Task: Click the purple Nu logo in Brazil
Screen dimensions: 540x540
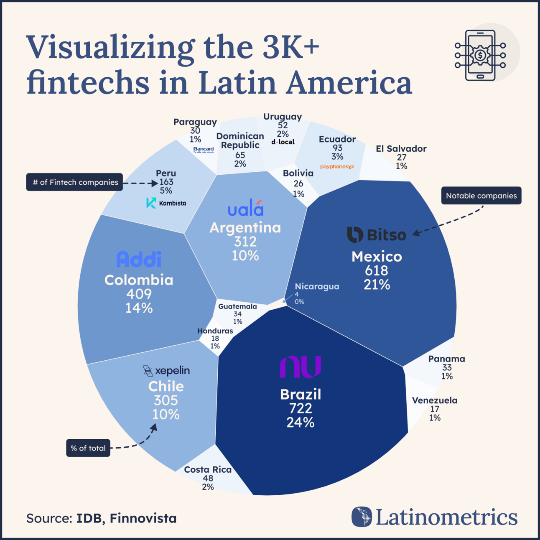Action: click(300, 367)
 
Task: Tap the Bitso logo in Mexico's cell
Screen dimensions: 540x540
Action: click(376, 234)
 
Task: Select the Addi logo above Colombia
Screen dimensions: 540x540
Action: click(139, 260)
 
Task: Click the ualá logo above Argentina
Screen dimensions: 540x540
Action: click(245, 209)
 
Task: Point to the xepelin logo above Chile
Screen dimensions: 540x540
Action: click(166, 371)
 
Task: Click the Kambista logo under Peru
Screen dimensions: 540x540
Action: click(166, 203)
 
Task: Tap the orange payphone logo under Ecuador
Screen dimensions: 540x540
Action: click(337, 167)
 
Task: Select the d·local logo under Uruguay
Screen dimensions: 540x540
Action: click(283, 142)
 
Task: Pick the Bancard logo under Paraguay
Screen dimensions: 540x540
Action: click(204, 150)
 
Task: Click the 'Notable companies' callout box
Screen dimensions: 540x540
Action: click(481, 196)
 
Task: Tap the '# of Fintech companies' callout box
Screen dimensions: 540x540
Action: click(75, 182)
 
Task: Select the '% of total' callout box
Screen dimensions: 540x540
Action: click(88, 448)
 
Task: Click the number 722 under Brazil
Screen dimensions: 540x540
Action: click(300, 408)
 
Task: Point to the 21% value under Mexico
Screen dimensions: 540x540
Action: click(377, 285)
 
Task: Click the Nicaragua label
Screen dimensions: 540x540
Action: click(317, 287)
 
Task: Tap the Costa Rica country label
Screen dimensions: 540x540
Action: click(208, 470)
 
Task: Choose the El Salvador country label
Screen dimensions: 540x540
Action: click(401, 149)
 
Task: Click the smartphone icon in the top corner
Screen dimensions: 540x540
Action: click(480, 55)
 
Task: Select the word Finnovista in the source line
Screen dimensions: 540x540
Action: click(143, 519)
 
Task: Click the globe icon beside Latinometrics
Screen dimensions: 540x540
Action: click(362, 517)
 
